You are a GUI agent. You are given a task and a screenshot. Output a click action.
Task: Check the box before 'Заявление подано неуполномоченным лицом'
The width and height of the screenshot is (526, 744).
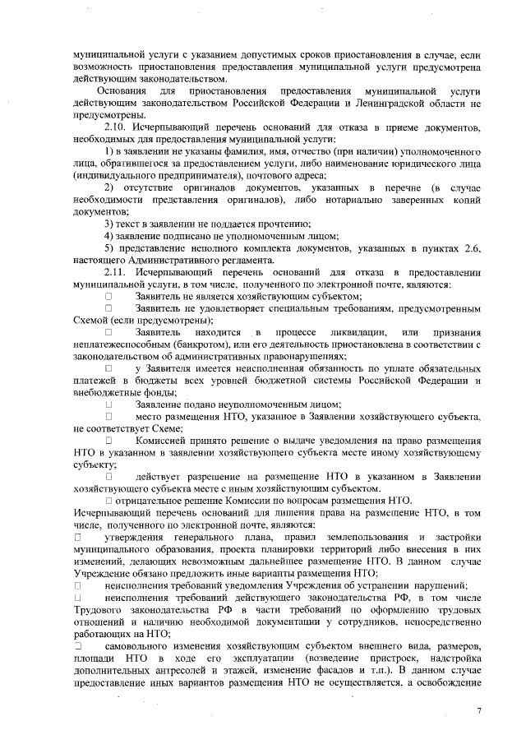click(x=108, y=404)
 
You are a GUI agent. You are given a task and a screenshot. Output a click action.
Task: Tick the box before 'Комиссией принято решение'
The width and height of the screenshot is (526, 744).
click(x=108, y=440)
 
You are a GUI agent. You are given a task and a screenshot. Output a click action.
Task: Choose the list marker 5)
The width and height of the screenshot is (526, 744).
click(x=108, y=247)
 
